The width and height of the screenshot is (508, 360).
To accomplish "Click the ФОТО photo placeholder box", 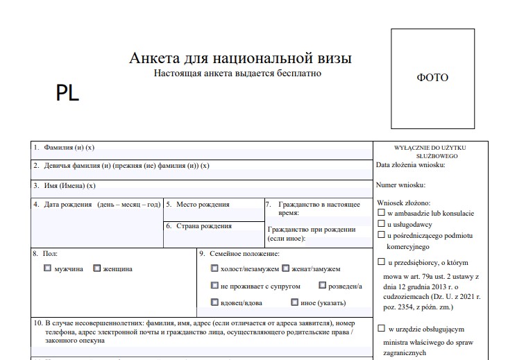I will pos(432,78).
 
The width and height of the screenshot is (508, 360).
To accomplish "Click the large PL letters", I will pos(68,94).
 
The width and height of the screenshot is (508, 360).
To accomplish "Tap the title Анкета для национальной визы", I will pos(240,58).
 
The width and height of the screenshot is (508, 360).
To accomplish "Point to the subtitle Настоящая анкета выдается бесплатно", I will pos(238,73).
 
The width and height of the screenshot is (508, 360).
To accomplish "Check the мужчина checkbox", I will pos(47,268).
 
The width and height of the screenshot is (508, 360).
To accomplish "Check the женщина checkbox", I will pos(96,268).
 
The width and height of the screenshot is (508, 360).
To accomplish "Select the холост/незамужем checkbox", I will pos(214,268).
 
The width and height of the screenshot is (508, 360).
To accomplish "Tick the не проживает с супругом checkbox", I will pos(214,285).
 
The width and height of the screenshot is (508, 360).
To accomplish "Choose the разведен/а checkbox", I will pos(323,285).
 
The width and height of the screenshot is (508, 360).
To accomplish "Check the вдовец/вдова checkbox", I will pos(214,302).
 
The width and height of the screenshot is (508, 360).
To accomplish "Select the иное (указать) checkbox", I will pos(295,302).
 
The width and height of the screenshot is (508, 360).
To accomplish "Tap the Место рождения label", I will pos(202,205).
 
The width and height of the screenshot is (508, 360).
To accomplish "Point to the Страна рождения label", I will pos(204,226).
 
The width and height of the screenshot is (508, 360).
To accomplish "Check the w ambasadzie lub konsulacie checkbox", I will pos(381,213).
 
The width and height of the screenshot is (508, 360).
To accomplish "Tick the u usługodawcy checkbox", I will pos(381,224).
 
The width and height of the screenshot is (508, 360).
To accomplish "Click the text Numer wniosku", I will pos(400,185).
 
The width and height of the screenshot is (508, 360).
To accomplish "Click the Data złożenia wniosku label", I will pos(410,165).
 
